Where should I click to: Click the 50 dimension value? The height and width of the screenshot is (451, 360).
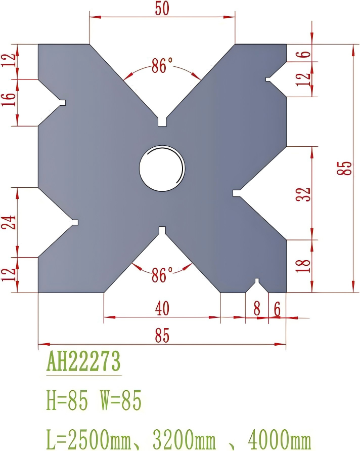[162, 10]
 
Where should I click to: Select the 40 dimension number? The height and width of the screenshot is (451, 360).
[162, 308]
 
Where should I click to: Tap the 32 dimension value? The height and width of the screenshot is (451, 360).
[303, 194]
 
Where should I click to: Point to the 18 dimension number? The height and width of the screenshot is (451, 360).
[303, 265]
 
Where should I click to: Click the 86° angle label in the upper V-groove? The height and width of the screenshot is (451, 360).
[162, 66]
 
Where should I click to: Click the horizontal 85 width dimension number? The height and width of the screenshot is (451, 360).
[162, 336]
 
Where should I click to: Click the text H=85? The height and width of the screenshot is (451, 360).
[66, 401]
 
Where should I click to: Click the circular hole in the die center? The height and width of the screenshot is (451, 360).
[162, 169]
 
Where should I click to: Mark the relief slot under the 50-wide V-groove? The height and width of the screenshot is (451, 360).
[162, 121]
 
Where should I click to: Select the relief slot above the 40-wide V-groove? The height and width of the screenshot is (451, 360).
[162, 231]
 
